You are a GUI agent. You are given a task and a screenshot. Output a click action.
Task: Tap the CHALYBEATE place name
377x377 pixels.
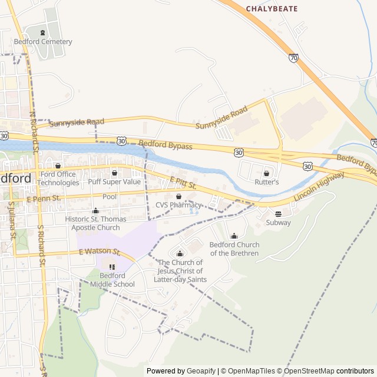[x=272, y=9]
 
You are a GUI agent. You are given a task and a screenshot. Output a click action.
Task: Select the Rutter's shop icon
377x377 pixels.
[x=266, y=173]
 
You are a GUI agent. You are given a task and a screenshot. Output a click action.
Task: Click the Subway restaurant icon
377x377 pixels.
[x=278, y=214]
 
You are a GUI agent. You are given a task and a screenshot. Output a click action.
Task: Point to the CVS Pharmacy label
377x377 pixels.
[x=178, y=205]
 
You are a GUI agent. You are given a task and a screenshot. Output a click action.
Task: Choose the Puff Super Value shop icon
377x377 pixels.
[x=114, y=173]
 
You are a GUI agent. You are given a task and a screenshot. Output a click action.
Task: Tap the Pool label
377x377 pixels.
[x=110, y=197]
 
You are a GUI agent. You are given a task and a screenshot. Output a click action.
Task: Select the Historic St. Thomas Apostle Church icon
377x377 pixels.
[x=95, y=210]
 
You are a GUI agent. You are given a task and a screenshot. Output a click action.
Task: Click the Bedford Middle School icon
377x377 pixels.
[x=113, y=267]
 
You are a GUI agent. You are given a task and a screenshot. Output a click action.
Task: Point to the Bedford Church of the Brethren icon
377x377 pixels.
[x=234, y=236]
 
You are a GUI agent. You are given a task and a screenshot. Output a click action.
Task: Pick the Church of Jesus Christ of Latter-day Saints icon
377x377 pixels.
[x=180, y=254]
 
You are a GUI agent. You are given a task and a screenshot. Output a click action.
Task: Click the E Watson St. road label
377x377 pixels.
[x=100, y=252]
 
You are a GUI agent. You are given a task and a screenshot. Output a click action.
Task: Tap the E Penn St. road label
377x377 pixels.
[x=44, y=200]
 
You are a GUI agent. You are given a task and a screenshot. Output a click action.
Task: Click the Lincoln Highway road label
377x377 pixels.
[x=319, y=187]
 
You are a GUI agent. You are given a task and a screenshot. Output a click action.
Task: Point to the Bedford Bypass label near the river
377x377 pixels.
[x=166, y=144]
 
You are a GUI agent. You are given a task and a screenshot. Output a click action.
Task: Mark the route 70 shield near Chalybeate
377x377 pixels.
[x=293, y=57]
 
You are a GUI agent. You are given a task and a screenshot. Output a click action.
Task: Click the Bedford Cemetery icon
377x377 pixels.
[x=43, y=32]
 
